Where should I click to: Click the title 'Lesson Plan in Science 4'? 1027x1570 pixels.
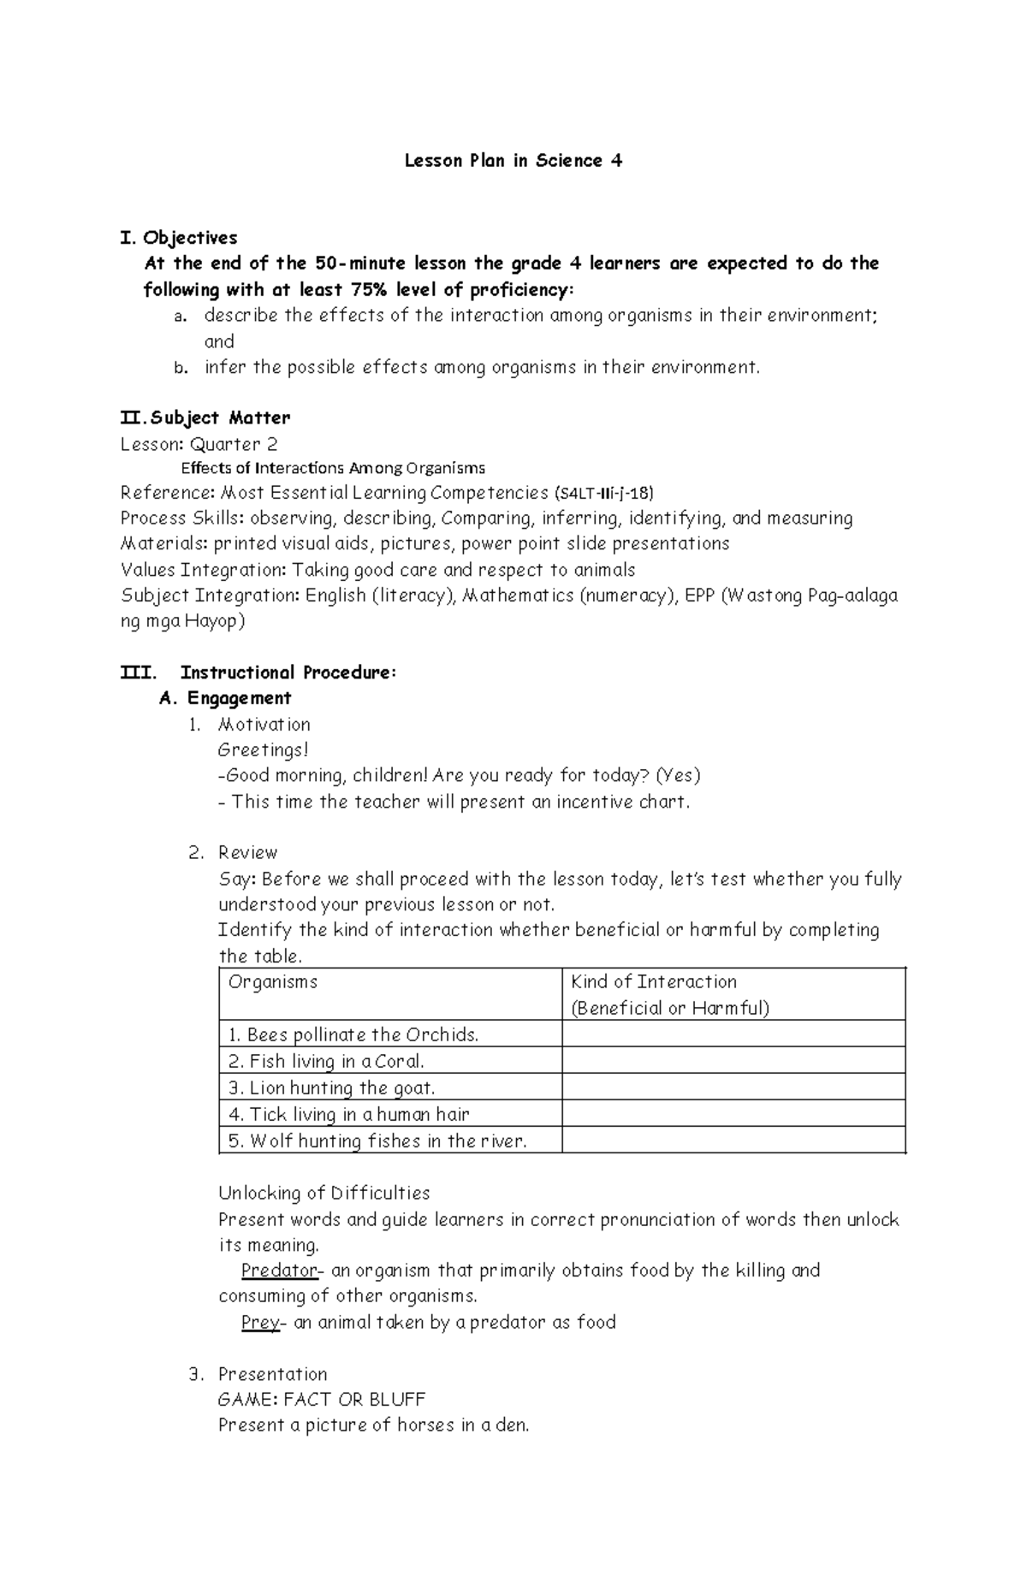513,161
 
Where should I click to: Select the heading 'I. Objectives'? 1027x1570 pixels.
181,238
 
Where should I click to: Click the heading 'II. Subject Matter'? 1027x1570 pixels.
205,418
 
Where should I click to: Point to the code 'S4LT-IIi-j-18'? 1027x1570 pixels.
605,494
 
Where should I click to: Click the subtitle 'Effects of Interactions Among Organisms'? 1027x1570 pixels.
333,468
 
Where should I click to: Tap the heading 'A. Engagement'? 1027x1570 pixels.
226,698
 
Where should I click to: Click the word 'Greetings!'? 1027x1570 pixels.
263,750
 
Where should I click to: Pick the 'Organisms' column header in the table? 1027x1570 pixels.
273,982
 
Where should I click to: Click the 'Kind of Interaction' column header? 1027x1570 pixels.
654,982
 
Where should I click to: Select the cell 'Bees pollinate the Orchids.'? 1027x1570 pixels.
353,1035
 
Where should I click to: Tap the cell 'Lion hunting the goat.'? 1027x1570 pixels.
332,1088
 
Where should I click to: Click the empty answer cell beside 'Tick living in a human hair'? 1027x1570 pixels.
733,1114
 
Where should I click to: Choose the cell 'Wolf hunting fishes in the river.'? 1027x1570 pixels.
377,1141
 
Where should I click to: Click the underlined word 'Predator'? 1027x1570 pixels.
278,1271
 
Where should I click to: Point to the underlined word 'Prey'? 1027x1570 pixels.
260,1323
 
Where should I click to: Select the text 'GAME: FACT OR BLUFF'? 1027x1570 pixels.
321,1400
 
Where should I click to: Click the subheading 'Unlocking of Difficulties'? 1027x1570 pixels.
324,1194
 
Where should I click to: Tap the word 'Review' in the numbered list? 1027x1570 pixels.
247,853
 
